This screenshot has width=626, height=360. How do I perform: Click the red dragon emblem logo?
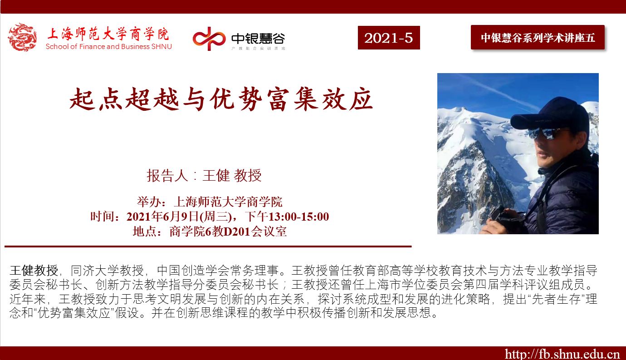click(22, 37)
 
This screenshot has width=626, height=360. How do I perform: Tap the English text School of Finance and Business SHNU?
click(109, 46)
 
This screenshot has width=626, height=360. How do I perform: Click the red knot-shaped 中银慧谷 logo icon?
click(209, 39)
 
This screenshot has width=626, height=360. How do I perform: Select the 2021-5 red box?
click(389, 38)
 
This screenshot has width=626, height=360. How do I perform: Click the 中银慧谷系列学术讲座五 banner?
click(538, 37)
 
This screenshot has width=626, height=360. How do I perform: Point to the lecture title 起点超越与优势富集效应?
click(221, 99)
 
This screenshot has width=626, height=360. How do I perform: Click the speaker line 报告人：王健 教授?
click(204, 175)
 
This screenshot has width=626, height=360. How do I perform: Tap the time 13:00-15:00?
click(298, 217)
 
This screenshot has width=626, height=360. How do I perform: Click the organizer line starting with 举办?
click(210, 202)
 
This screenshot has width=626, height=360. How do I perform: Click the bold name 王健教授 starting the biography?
click(34, 270)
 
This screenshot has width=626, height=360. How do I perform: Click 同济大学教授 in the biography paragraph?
click(107, 270)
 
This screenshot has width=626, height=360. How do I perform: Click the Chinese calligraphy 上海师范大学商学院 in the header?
click(108, 34)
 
